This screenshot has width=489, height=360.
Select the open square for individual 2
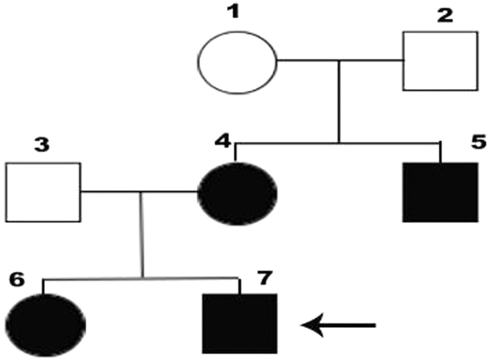tap(440, 61)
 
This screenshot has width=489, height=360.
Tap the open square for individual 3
tap(43, 192)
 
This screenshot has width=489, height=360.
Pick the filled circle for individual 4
tap(237, 193)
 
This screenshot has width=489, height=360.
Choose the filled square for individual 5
tap(440, 192)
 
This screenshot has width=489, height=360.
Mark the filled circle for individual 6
tap(46, 325)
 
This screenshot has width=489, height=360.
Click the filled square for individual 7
tap(239, 324)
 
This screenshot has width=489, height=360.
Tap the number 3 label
tap(41, 145)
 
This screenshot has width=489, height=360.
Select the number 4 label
tap(223, 140)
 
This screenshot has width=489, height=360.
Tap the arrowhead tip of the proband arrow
tap(302, 325)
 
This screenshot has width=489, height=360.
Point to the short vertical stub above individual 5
tap(441, 153)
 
